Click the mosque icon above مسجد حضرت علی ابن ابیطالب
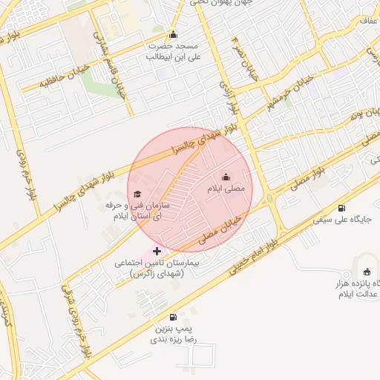click(x=174, y=34)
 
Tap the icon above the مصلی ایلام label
click(x=226, y=177)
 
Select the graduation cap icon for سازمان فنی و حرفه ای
click(x=137, y=194)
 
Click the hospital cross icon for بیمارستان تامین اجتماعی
click(x=157, y=252)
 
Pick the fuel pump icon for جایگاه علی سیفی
click(x=341, y=209)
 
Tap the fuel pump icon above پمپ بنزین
click(x=174, y=317)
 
